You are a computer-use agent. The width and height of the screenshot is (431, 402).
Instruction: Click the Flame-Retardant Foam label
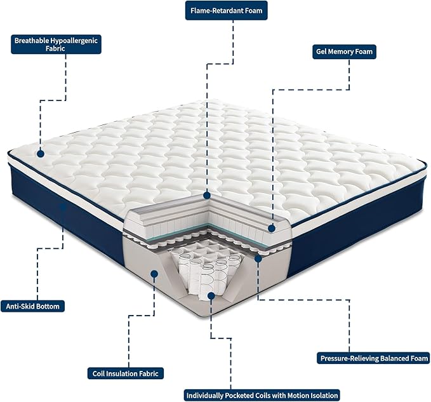click(226, 11)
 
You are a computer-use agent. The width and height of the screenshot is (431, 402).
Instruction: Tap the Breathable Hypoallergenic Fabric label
click(56, 44)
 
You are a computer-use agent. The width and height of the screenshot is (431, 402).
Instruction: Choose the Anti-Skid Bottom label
click(32, 306)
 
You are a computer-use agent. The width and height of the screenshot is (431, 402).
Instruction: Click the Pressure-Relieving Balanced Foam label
click(373, 358)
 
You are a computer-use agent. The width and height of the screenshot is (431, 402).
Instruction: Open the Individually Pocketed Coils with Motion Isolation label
click(262, 394)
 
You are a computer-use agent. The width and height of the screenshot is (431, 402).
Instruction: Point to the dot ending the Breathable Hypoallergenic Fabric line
click(40, 153)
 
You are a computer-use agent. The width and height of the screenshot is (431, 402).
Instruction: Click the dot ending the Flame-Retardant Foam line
click(207, 195)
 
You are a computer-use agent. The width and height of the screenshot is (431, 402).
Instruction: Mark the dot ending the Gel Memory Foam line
click(272, 227)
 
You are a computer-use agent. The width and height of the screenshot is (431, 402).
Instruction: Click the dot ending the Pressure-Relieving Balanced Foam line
click(258, 258)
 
